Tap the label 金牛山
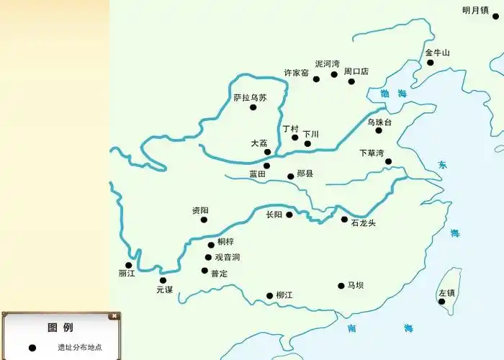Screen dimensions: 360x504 click(x=437, y=53)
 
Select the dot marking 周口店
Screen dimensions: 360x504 click(x=351, y=81)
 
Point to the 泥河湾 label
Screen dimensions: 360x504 click(x=327, y=64)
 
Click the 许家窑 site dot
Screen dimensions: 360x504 click(x=316, y=78)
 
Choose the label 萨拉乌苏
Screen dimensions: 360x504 click(x=250, y=98)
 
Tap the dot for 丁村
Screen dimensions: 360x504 click(x=294, y=138)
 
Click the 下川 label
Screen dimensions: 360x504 click(x=310, y=134)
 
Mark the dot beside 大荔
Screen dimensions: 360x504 click(x=267, y=152)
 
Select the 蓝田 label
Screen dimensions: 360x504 click(x=258, y=174)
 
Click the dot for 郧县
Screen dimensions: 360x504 click(x=291, y=176)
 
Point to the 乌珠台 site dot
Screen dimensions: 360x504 click(x=379, y=130)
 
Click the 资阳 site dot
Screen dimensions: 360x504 click(x=204, y=220)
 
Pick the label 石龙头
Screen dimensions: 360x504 click(x=363, y=223)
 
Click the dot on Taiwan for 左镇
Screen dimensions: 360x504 click(x=441, y=302)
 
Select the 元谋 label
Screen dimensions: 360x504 click(x=165, y=289)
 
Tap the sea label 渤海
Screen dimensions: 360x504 click(x=393, y=94)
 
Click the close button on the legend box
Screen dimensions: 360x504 click(x=113, y=316)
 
